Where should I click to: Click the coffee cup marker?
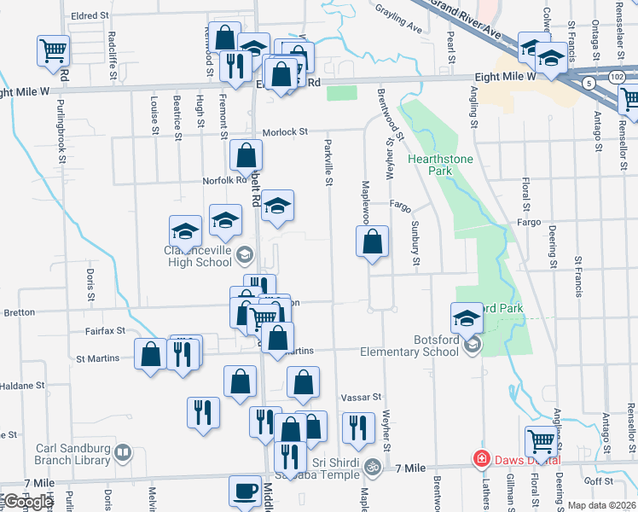[x=246, y=492]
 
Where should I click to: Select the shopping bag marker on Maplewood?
[x=372, y=242]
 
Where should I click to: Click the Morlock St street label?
[x=284, y=132]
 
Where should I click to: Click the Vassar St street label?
[x=359, y=398]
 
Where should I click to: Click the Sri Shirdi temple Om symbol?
[x=372, y=467]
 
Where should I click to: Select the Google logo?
[x=27, y=502]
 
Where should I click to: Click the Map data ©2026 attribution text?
[x=600, y=505]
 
